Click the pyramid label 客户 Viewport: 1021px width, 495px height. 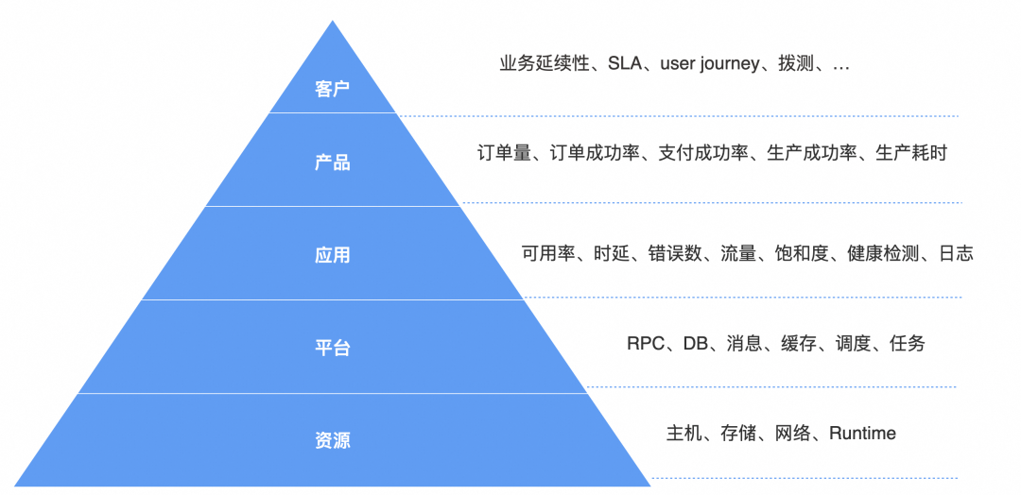point(332,90)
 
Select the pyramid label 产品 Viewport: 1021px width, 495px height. point(332,162)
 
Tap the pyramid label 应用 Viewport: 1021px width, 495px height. point(332,255)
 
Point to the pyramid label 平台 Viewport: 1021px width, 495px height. point(332,348)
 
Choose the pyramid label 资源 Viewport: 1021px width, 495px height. point(332,440)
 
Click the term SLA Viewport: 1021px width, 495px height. point(625,64)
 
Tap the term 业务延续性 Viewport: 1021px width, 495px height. point(545,64)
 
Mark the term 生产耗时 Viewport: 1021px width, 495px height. point(911,152)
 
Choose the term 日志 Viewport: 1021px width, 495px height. point(955,253)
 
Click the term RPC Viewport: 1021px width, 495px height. point(646,343)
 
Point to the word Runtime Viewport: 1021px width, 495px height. point(862,434)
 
